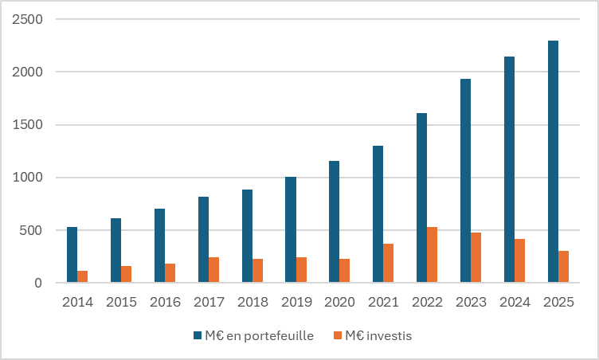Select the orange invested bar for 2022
coord(432,255)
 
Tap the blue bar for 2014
coord(72,255)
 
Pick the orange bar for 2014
coord(83,276)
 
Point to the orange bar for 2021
coord(388,263)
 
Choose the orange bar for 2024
coord(519,260)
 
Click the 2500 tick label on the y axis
coord(28,19)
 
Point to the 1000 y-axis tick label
coord(28,178)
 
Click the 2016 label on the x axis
coord(165,303)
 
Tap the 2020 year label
coord(339,303)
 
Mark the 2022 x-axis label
coord(427,303)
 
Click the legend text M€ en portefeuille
coord(259,336)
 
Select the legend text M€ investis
coord(378,336)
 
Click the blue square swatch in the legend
coord(197,336)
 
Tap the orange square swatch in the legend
coord(338,336)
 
